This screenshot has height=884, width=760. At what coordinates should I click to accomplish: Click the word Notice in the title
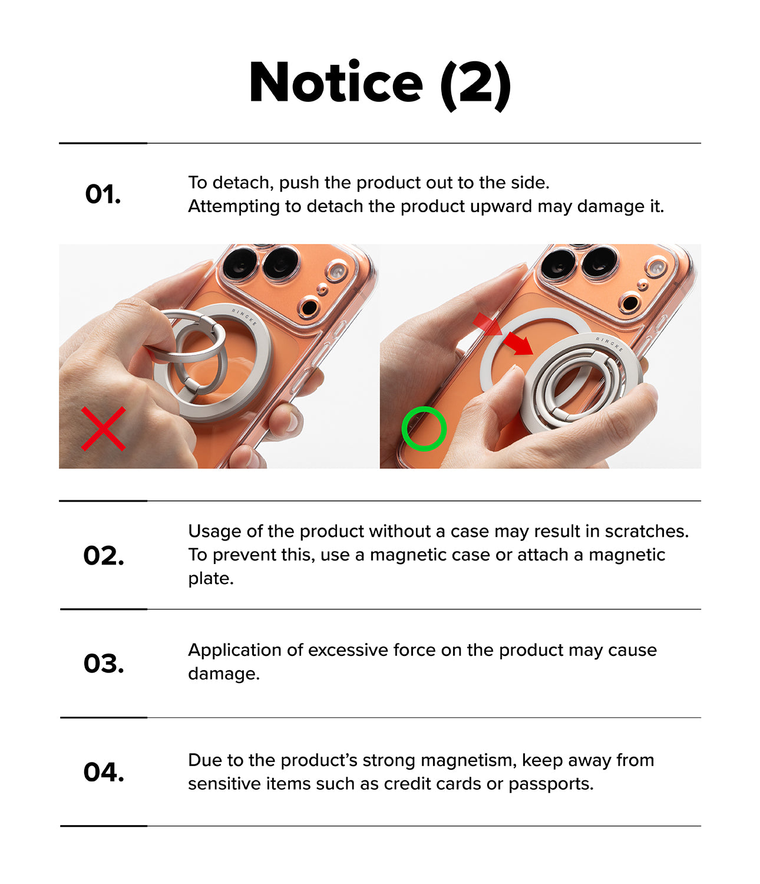point(336,82)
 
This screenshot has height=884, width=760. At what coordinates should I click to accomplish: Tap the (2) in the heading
point(476,85)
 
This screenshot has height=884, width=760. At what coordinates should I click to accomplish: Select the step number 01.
point(103,194)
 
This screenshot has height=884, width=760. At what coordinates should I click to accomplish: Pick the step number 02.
point(104,556)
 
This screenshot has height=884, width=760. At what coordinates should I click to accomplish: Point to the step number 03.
point(104,664)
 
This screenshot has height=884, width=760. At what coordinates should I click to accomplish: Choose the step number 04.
point(104,772)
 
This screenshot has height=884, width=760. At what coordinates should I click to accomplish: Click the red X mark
point(104,428)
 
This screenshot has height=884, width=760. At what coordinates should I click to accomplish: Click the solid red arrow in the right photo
point(518,344)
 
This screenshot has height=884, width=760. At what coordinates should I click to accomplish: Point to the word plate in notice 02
point(211,579)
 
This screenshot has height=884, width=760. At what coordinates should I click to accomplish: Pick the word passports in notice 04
point(550,784)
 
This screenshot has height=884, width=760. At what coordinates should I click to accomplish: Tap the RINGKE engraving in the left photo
point(244,316)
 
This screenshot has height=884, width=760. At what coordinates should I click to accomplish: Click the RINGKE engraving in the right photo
point(610,344)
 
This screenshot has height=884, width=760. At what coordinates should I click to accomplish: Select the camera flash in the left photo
point(337,271)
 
